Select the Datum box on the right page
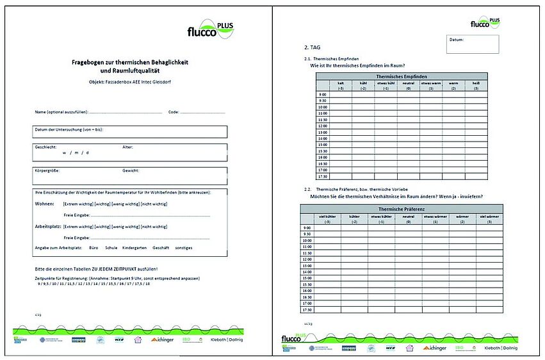(x=473, y=44)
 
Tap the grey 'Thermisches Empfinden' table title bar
(x=402, y=76)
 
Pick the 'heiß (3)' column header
(x=476, y=85)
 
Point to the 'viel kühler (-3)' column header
(x=327, y=218)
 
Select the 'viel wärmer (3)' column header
(x=489, y=218)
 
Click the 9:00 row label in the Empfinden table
(x=323, y=95)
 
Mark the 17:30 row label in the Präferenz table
(x=307, y=309)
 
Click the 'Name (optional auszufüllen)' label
(x=61, y=112)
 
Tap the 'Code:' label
(x=173, y=112)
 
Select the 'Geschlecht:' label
(x=45, y=147)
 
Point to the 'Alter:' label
(x=127, y=147)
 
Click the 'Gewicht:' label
(x=131, y=171)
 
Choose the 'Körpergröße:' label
(x=47, y=171)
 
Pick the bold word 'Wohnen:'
(x=44, y=204)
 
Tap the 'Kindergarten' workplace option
(x=134, y=247)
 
